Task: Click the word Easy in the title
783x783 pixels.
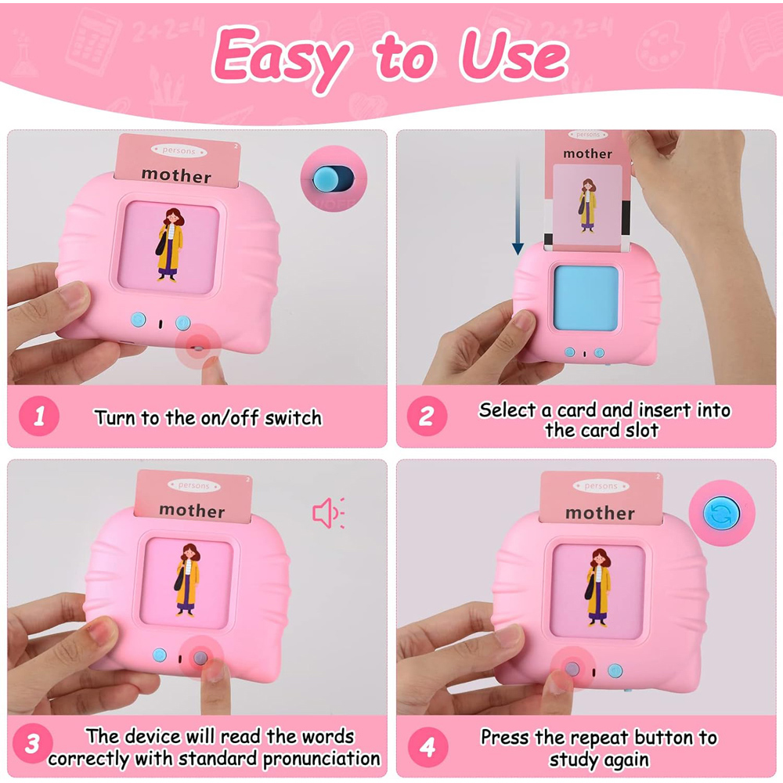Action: pyautogui.click(x=281, y=59)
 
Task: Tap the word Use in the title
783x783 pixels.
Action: pyautogui.click(x=514, y=55)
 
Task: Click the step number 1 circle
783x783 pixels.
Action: pyautogui.click(x=39, y=416)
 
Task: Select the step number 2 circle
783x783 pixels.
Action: pyautogui.click(x=427, y=416)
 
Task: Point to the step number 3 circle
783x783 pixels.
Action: pyautogui.click(x=32, y=744)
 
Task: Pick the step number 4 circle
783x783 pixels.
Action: pyautogui.click(x=428, y=747)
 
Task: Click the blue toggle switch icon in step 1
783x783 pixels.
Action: pyautogui.click(x=333, y=179)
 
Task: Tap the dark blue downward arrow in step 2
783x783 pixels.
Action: pyautogui.click(x=518, y=205)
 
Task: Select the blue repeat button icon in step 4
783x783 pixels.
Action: pyautogui.click(x=722, y=514)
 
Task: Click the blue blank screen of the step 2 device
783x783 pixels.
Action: pyautogui.click(x=586, y=298)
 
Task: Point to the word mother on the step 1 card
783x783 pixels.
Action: pyautogui.click(x=176, y=175)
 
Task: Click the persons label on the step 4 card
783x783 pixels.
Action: pyautogui.click(x=601, y=485)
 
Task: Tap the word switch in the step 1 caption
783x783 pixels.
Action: pyautogui.click(x=293, y=418)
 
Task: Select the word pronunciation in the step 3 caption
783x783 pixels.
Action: pyautogui.click(x=322, y=759)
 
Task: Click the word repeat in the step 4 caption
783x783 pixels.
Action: pyautogui.click(x=599, y=738)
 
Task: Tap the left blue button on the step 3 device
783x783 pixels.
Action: pyautogui.click(x=159, y=655)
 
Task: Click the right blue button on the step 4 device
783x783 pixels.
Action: pyautogui.click(x=615, y=671)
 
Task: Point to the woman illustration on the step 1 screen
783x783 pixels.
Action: pyautogui.click(x=170, y=245)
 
